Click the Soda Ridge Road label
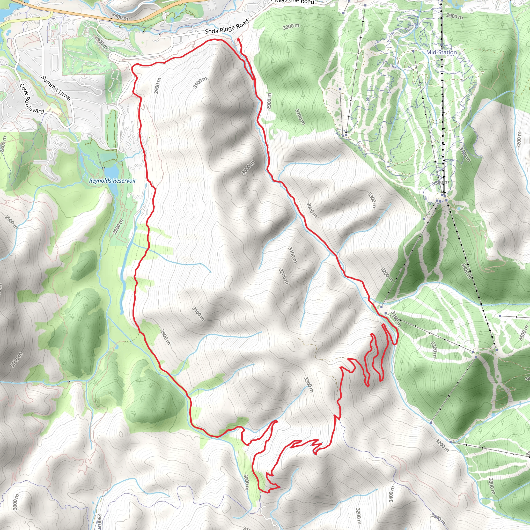pyautogui.click(x=227, y=27)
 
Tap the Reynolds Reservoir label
pyautogui.click(x=113, y=181)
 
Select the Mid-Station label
pyautogui.click(x=441, y=52)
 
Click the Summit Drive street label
pyautogui.click(x=56, y=88)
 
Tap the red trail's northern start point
pyautogui.click(x=238, y=40)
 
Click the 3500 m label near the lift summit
pyautogui.click(x=440, y=182)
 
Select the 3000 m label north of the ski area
pyautogui.click(x=291, y=27)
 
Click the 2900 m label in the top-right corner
pyautogui.click(x=454, y=16)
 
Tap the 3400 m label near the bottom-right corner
pyautogui.click(x=391, y=494)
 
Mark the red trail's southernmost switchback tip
pyautogui.click(x=268, y=492)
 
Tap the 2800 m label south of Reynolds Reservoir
pyautogui.click(x=118, y=227)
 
